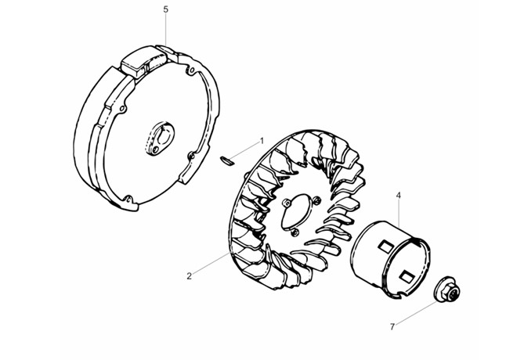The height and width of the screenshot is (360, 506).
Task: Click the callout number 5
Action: (x=165, y=9)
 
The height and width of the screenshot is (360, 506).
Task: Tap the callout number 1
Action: (x=262, y=141)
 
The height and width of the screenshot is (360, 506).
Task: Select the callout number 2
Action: (x=189, y=276)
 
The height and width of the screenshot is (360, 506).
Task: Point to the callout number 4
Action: (x=399, y=196)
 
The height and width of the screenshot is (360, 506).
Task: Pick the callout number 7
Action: (x=392, y=327)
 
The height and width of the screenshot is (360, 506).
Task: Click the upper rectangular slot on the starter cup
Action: (x=385, y=247)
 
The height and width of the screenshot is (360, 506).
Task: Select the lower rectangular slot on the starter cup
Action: (x=407, y=275)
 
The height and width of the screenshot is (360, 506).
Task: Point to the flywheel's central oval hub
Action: (x=160, y=139)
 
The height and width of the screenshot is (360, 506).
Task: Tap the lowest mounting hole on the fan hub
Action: (x=293, y=232)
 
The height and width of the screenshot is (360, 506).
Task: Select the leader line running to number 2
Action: (x=211, y=263)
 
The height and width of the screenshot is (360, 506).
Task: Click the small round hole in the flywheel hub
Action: (x=156, y=149)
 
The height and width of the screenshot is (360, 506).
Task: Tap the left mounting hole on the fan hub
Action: (x=286, y=203)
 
